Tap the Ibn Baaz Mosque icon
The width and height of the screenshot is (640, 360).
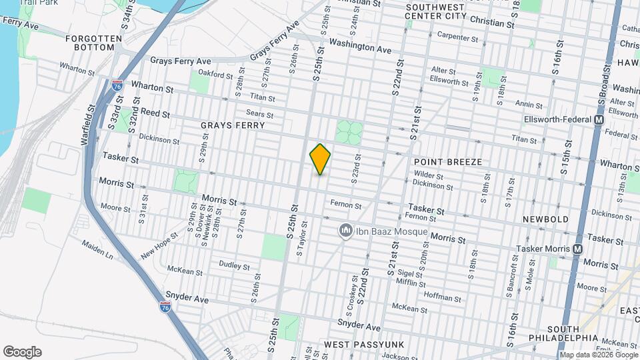pyautogui.click(x=345, y=231)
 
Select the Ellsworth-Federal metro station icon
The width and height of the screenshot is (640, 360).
pyautogui.click(x=598, y=119)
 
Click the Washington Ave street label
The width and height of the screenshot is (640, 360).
pyautogui.click(x=360, y=49)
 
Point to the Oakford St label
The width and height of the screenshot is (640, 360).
pyautogui.click(x=214, y=74)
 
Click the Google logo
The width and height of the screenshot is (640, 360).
pyautogui.click(x=22, y=351)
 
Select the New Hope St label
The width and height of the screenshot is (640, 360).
pyautogui.click(x=159, y=245)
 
